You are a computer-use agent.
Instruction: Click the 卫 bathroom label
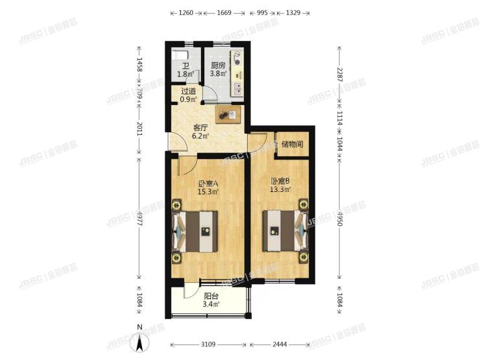click(x=185, y=66)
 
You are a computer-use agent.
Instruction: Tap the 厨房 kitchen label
click(x=217, y=66)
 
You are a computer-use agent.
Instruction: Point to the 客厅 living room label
click(x=200, y=128)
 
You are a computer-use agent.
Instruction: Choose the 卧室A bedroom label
click(x=208, y=184)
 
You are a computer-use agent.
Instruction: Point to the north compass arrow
click(x=138, y=342)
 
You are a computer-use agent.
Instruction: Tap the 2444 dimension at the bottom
click(x=283, y=344)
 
